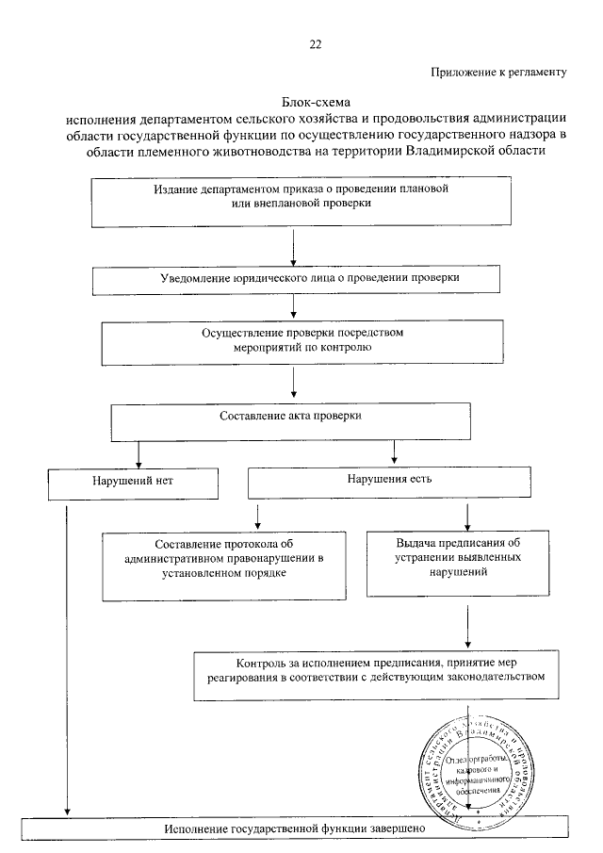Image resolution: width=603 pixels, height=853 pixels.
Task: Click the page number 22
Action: point(314,43)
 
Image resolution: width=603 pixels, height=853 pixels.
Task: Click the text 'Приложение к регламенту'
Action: point(498,72)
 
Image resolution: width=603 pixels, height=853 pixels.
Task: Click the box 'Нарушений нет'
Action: point(133,483)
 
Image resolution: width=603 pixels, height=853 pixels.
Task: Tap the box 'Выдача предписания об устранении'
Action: point(457,563)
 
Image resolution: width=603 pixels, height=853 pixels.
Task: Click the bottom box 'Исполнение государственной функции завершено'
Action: point(297,827)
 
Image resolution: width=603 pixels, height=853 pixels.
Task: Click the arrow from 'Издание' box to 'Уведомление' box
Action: point(295,249)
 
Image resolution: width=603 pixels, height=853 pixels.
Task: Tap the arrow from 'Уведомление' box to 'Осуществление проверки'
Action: point(295,307)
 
